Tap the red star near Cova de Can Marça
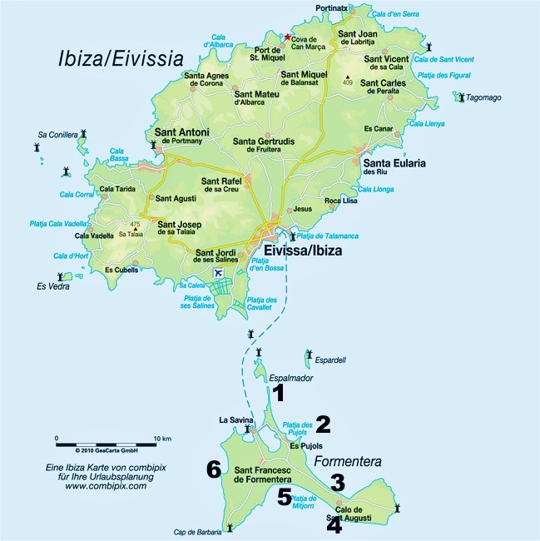coord(288,37)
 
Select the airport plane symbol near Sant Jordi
coord(219,273)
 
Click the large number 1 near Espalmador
coord(280,393)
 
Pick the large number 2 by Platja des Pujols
coord(323,424)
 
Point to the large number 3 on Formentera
coord(337,482)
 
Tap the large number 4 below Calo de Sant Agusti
coord(334,526)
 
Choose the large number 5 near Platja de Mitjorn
coord(285,497)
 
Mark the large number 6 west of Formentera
coord(214,470)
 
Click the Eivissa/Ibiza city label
coord(302,250)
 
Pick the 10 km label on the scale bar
coord(162,438)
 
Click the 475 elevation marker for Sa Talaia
coord(135,224)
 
